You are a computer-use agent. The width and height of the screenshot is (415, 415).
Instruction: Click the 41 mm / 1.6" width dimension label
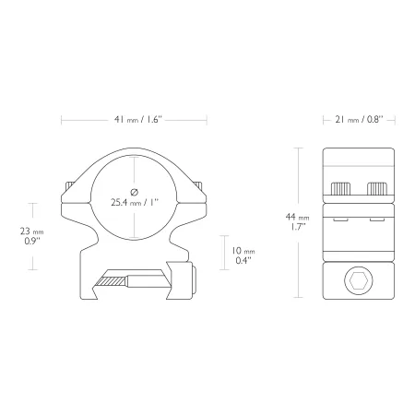tap(138, 119)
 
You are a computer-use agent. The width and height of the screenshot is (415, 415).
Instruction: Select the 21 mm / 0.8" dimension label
tap(359, 119)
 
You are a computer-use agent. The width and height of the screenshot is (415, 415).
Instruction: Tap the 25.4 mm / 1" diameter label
tap(135, 202)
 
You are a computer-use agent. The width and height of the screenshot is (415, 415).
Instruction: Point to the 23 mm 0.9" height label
tap(32, 236)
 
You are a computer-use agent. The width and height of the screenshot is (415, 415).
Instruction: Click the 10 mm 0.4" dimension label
tap(243, 255)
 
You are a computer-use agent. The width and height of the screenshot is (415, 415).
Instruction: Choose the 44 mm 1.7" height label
tap(297, 221)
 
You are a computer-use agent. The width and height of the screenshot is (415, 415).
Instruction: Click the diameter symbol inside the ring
tap(135, 192)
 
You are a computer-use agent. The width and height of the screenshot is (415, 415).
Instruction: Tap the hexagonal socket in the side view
tap(359, 280)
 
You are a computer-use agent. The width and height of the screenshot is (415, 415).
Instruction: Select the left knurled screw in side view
tap(340, 189)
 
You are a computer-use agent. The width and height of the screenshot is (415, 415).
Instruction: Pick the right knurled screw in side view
tap(377, 189)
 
